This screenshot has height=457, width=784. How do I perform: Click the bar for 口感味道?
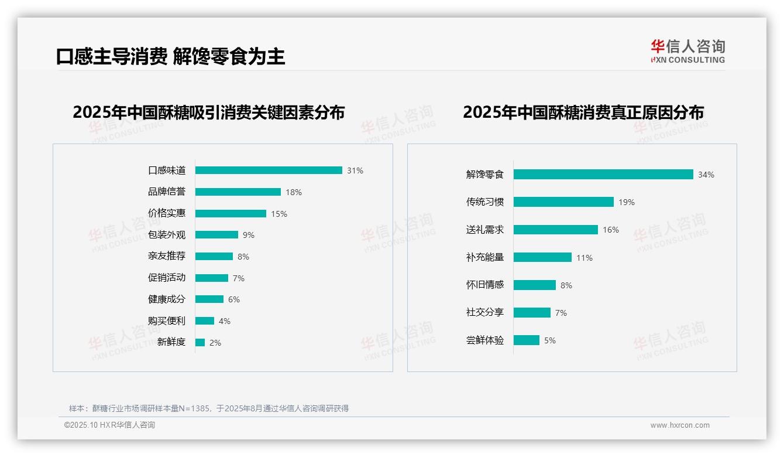click(269, 170)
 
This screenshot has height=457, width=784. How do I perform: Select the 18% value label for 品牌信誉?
click(294, 192)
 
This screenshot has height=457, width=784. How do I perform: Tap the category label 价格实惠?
click(167, 213)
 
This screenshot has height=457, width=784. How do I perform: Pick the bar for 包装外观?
click(216, 235)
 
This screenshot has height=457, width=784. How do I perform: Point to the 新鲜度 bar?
click(200, 342)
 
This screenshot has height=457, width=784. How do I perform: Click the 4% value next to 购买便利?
click(225, 321)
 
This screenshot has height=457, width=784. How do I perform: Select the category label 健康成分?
click(167, 299)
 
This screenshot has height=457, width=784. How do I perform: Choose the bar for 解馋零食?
click(603, 175)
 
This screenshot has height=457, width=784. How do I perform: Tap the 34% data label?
click(706, 175)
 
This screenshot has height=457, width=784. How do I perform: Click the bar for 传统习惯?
click(563, 202)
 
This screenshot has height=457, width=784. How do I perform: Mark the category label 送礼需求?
click(485, 230)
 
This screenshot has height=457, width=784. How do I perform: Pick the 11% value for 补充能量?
click(584, 258)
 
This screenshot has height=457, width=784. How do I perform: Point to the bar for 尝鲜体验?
click(527, 340)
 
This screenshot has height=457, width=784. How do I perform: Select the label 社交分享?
click(485, 312)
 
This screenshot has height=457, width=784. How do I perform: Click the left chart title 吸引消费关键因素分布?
click(209, 112)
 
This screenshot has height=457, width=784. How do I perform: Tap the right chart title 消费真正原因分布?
click(583, 112)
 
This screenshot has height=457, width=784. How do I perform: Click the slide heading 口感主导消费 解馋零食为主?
click(171, 56)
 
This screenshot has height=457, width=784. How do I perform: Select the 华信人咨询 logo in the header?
click(688, 51)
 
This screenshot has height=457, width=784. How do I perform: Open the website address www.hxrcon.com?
click(680, 425)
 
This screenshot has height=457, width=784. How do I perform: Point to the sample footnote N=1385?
click(209, 408)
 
